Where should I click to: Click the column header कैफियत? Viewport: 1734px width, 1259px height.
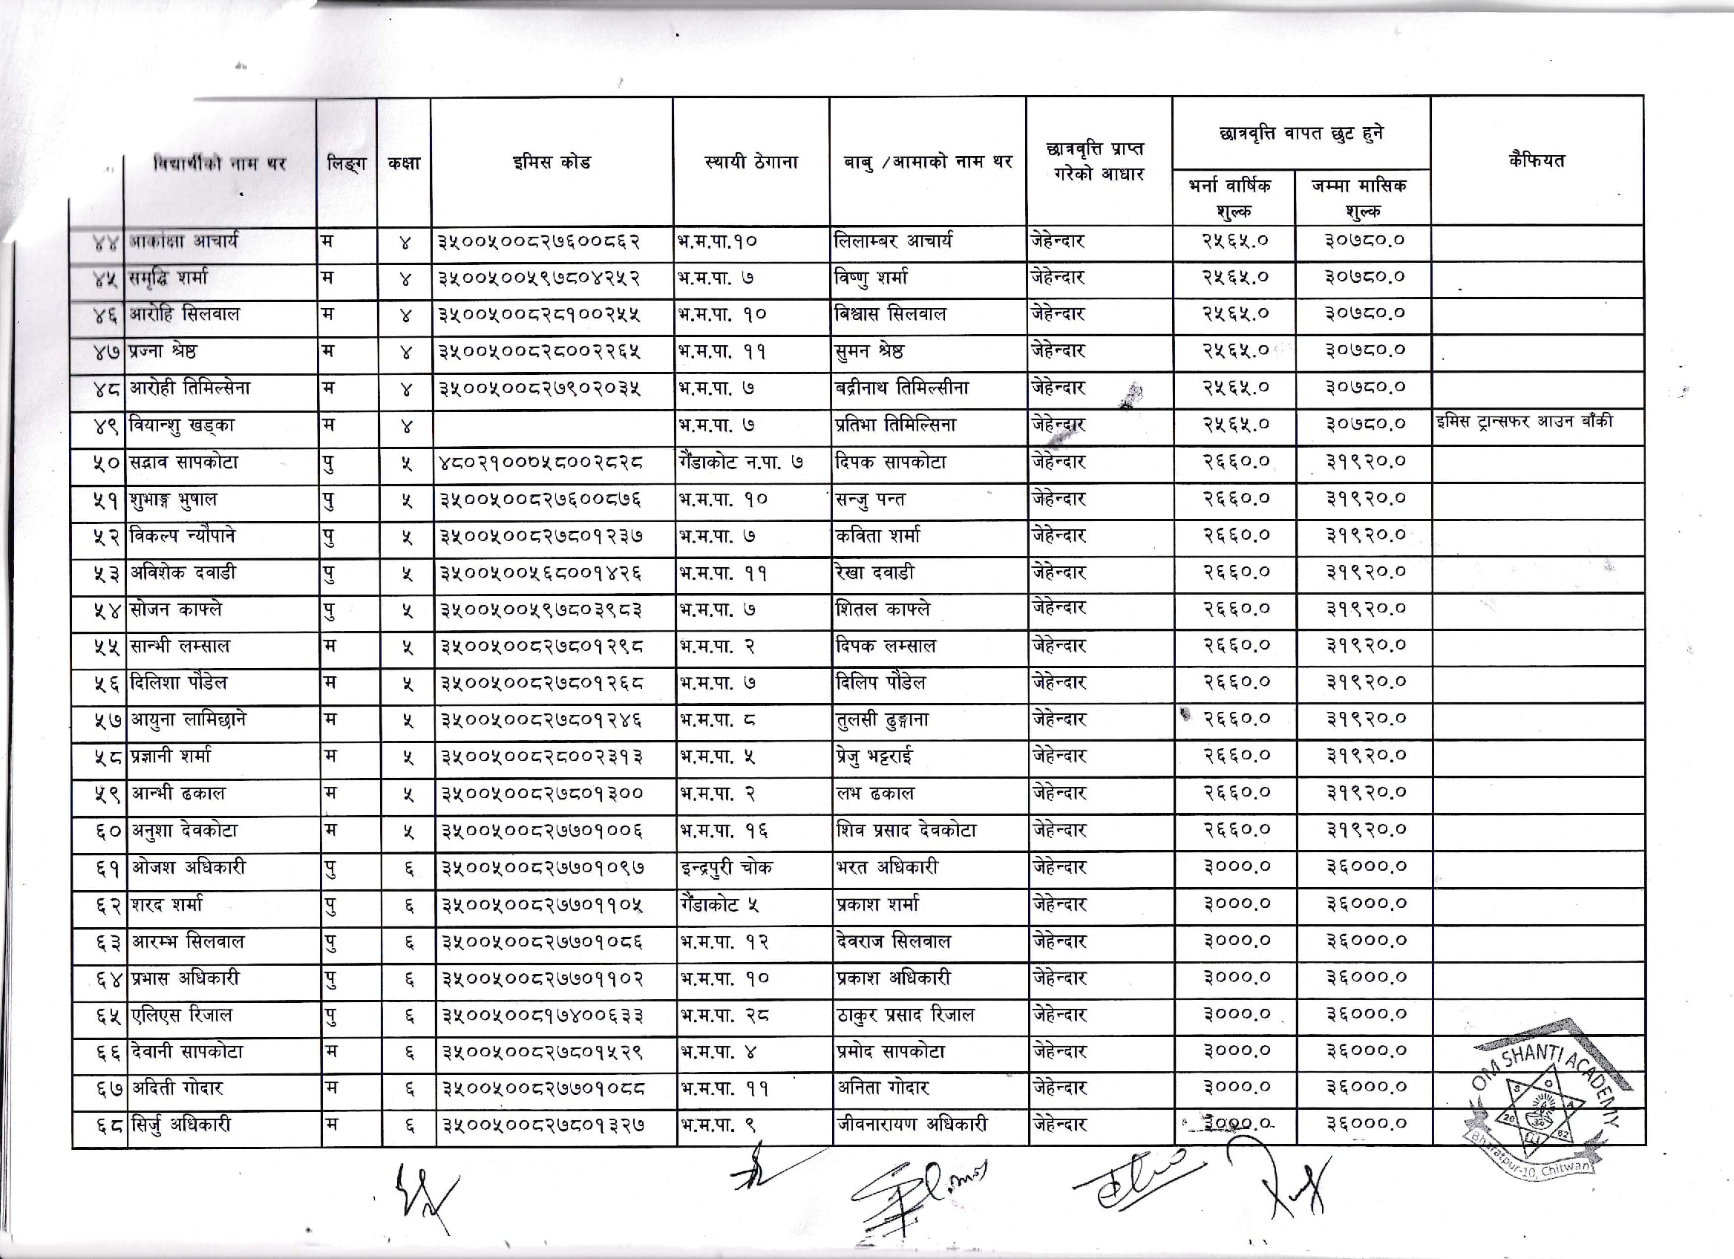click(x=1537, y=160)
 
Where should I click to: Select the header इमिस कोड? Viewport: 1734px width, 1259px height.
click(x=552, y=162)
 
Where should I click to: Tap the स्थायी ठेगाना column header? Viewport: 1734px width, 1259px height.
click(x=750, y=162)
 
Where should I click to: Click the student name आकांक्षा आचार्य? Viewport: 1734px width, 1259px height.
click(x=183, y=241)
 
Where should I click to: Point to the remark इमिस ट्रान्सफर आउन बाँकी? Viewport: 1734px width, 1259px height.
click(x=1525, y=421)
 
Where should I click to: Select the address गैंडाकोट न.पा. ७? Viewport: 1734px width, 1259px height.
click(x=740, y=462)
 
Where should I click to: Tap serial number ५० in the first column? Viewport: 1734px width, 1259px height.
click(x=106, y=463)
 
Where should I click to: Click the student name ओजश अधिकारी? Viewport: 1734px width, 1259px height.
click(x=188, y=868)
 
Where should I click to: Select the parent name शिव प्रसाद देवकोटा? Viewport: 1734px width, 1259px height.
click(x=906, y=831)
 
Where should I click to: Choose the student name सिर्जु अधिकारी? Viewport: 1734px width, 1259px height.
click(x=180, y=1125)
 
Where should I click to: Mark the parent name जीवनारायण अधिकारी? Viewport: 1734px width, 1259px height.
click(x=912, y=1125)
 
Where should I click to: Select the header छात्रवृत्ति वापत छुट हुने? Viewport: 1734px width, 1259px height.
click(x=1300, y=134)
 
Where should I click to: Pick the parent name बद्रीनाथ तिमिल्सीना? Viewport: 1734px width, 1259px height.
click(x=902, y=388)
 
